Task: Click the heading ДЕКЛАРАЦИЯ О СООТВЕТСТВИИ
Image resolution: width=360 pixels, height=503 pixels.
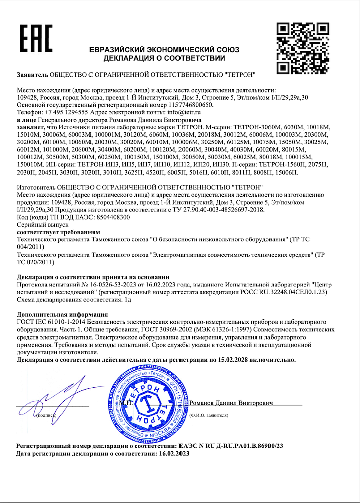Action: point(164,58)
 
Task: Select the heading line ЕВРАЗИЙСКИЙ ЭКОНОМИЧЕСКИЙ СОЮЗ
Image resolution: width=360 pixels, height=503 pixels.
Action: point(164,50)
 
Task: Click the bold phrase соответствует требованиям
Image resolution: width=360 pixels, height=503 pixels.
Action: point(58,233)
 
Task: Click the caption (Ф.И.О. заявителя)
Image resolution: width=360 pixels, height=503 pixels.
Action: point(209,416)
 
